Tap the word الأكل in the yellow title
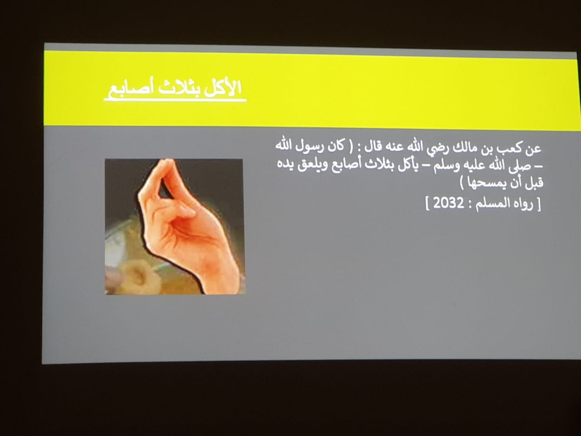(222, 88)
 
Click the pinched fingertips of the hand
(167, 162)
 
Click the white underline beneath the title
(175, 100)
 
